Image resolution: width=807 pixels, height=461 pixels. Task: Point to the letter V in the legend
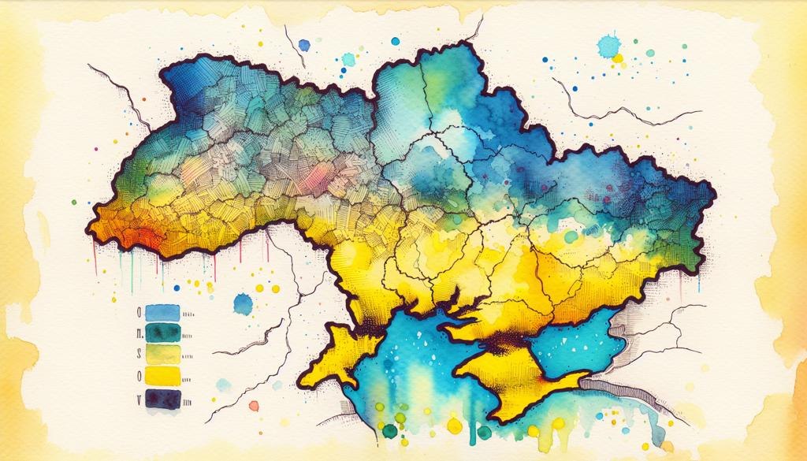[x=139, y=400]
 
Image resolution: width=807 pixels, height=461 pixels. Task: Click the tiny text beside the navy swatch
[x=190, y=400]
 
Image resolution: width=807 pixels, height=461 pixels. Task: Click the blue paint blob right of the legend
[x=244, y=303]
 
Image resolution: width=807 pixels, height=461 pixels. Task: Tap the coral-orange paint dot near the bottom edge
[x=254, y=406]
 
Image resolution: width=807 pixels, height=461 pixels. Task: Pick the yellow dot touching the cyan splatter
[x=618, y=58]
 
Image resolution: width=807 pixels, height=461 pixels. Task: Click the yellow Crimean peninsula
[x=504, y=378]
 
